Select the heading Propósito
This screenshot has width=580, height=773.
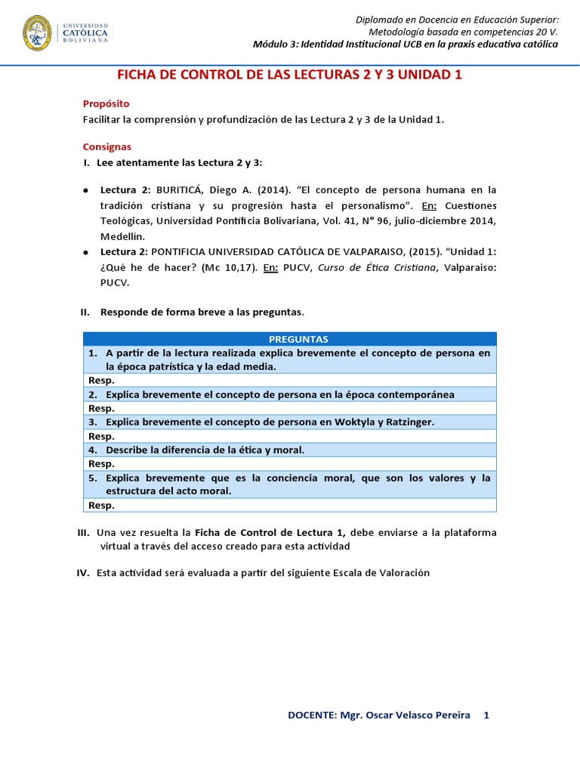tap(106, 103)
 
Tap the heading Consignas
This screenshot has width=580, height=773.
tap(106, 146)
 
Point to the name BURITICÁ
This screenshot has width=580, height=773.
tap(180, 189)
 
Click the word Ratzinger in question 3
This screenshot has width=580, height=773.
tap(406, 422)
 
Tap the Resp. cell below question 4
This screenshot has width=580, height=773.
tap(101, 463)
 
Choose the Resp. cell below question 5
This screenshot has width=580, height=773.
tap(101, 505)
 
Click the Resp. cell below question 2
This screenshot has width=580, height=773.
tap(101, 408)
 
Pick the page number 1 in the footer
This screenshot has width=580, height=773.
tap(486, 715)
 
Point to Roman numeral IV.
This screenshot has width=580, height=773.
tap(83, 573)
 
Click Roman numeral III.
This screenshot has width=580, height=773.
tap(83, 532)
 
